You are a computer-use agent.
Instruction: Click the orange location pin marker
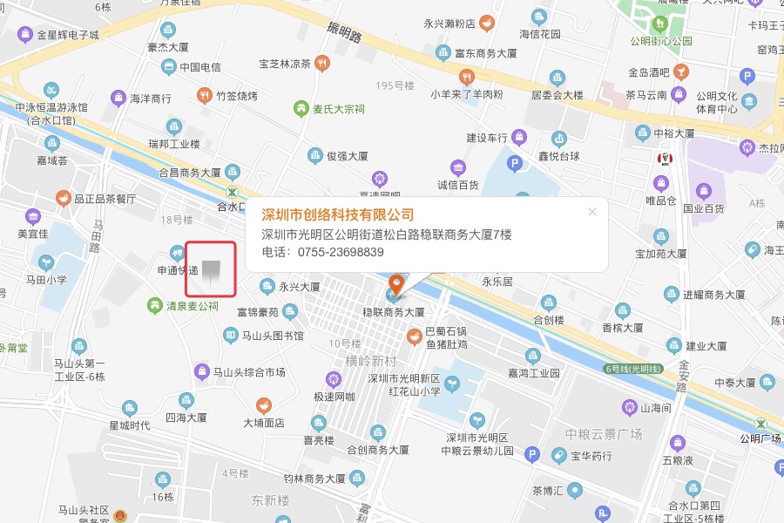point(396,285)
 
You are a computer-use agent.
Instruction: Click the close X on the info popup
point(592,211)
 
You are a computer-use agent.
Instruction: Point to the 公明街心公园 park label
point(662,41)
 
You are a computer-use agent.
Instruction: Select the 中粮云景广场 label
point(603,434)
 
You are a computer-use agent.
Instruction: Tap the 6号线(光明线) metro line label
point(633,369)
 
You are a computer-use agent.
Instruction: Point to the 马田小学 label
point(46,280)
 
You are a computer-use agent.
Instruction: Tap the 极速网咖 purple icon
point(333,379)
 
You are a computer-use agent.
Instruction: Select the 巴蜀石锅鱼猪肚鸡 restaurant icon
point(414,333)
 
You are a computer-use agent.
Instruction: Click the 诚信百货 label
point(458,185)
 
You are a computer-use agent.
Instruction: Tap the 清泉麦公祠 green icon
point(155,306)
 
